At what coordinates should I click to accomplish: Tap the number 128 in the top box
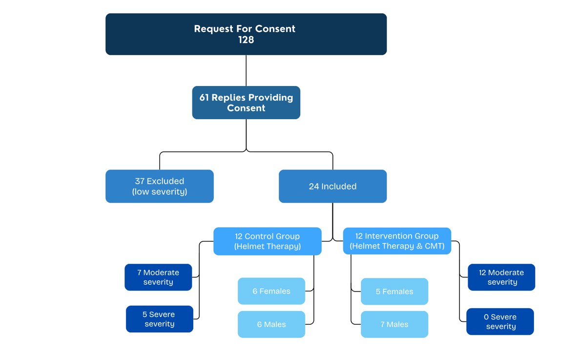coord(246,40)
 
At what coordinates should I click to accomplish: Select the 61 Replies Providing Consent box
coord(246,103)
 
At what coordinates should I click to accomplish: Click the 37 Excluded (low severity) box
coord(159,186)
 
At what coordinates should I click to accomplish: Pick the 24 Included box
coord(332,186)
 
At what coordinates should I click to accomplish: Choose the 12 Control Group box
coord(267,241)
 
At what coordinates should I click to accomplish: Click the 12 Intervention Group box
coord(397,241)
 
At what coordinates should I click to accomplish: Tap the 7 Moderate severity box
coord(158,277)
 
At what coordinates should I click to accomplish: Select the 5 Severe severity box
coord(159,319)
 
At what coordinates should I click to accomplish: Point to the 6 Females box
coord(271,291)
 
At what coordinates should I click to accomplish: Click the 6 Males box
coord(271,324)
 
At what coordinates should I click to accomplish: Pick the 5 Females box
coord(394,292)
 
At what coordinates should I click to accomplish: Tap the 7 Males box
coord(394,324)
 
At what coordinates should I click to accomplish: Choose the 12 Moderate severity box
coord(501,277)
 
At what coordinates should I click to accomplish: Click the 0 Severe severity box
coord(500,321)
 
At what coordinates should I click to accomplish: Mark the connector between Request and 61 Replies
coord(246,70)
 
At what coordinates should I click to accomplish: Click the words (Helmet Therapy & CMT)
coord(397,246)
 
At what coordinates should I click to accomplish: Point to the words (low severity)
coord(159,191)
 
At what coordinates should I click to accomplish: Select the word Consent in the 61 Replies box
coord(246,108)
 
